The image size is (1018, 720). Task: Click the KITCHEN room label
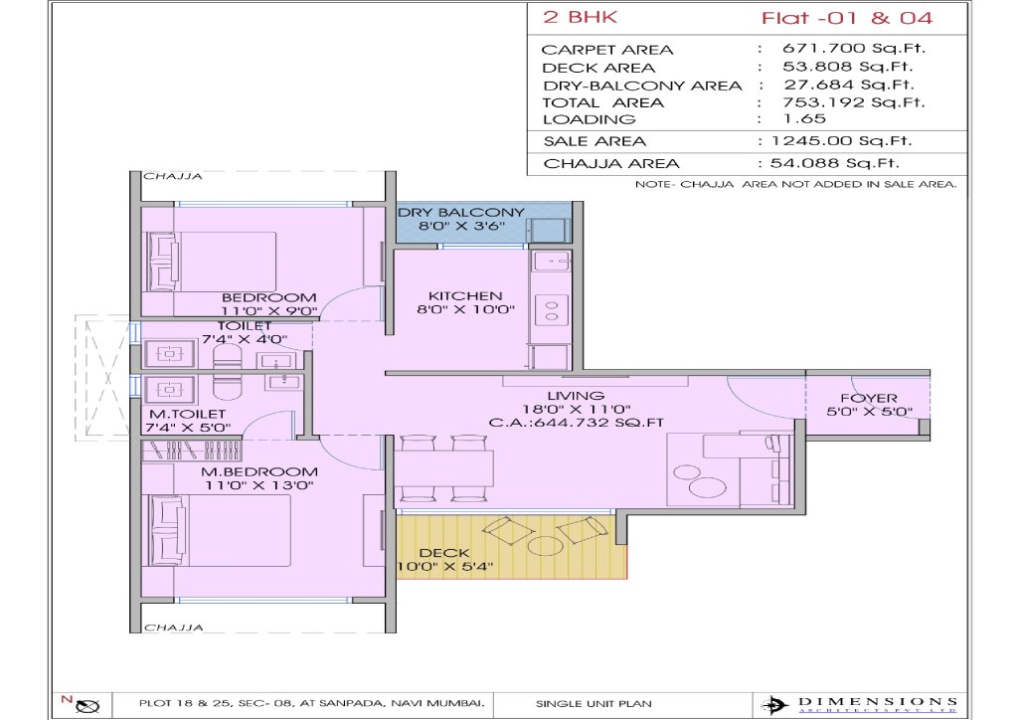tap(465, 296)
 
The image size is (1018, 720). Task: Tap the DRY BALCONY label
tap(461, 212)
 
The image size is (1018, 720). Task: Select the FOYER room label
tap(869, 398)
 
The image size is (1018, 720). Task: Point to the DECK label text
tap(444, 553)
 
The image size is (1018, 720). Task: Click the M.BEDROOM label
tap(259, 472)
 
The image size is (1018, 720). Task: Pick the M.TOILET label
tap(188, 415)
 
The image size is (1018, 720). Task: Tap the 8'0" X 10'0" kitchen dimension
tap(465, 309)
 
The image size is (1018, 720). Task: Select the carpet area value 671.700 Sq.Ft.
tap(854, 48)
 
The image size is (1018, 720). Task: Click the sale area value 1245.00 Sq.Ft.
tap(841, 141)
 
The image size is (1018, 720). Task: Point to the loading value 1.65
tap(804, 118)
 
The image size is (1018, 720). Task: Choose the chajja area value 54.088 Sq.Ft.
tap(834, 163)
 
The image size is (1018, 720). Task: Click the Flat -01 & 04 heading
tap(847, 18)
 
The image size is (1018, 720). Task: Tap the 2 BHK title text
tap(580, 17)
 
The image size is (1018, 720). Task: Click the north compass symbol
tap(88, 706)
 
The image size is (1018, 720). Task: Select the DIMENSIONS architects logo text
tap(877, 702)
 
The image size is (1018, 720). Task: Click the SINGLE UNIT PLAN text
tap(594, 704)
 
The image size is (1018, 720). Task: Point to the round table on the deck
tap(546, 545)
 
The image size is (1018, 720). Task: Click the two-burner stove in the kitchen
tap(551, 310)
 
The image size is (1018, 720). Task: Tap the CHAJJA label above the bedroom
tap(173, 177)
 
